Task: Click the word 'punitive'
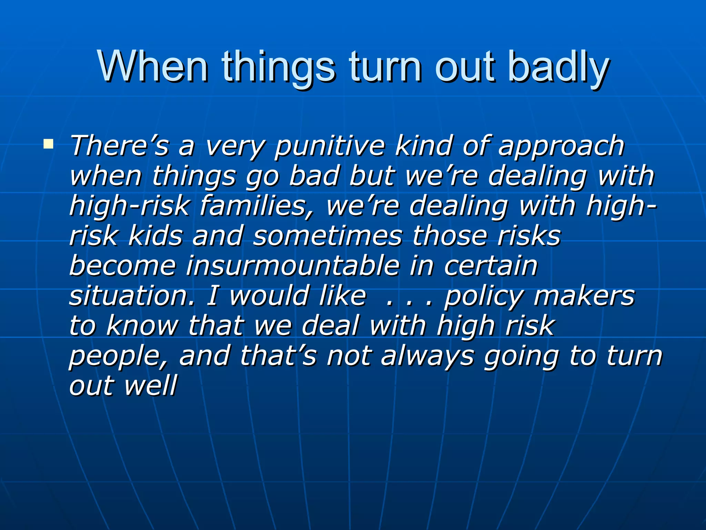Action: coord(329,146)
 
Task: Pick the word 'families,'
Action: coord(257,206)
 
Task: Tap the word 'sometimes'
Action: coord(327,236)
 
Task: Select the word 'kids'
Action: coord(155,236)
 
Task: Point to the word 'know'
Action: coord(142,326)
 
